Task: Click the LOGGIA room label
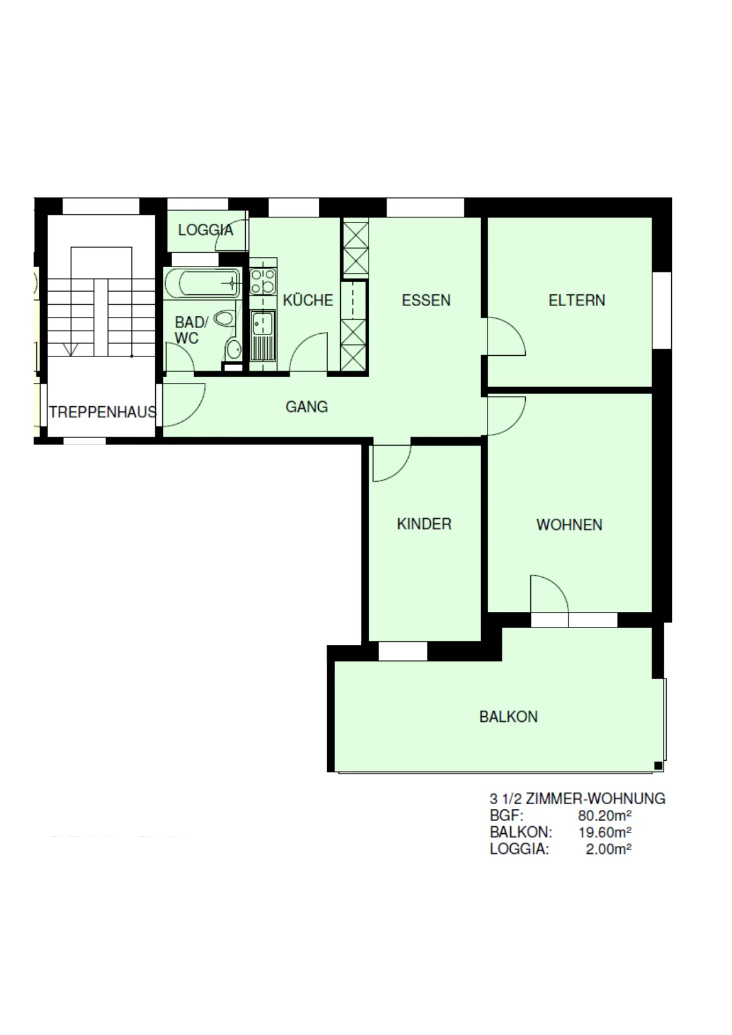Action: [206, 230]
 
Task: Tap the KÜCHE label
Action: [308, 300]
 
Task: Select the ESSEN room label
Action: [425, 300]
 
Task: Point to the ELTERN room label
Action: [576, 300]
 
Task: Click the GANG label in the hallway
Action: [307, 407]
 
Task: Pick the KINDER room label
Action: [424, 524]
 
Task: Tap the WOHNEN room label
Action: [569, 525]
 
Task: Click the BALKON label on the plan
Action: [508, 717]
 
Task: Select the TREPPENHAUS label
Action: [103, 411]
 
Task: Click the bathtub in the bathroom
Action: [202, 283]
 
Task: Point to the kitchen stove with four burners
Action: [263, 281]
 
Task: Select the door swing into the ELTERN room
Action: [506, 336]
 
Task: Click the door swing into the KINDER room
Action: [392, 463]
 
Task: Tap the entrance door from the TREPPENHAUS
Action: [184, 405]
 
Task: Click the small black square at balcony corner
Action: [658, 766]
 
